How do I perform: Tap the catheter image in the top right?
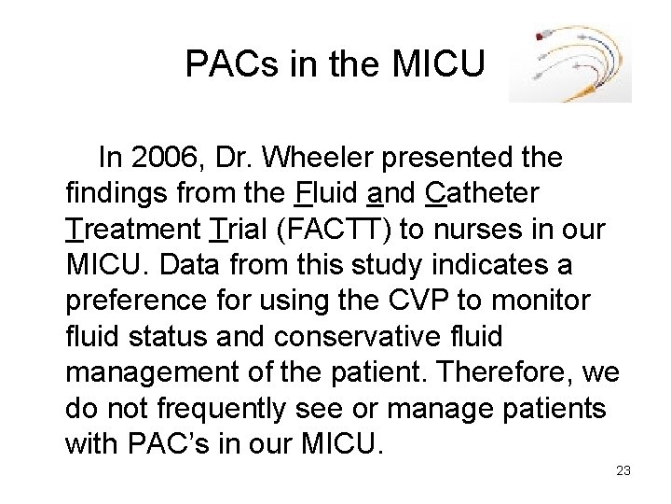click(x=570, y=63)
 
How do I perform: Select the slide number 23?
click(x=623, y=470)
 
